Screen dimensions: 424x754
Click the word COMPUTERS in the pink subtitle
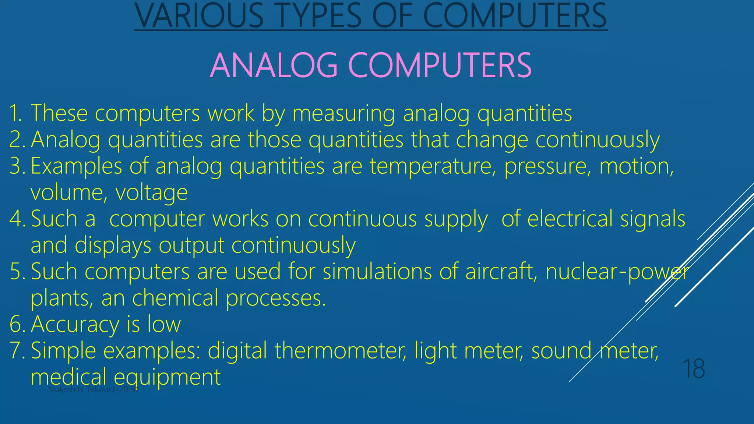[440, 65]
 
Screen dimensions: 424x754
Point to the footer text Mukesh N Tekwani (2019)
[93, 390]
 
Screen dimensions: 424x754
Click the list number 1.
[15, 113]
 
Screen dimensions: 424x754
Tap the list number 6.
[17, 324]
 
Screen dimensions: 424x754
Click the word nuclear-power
[617, 272]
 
